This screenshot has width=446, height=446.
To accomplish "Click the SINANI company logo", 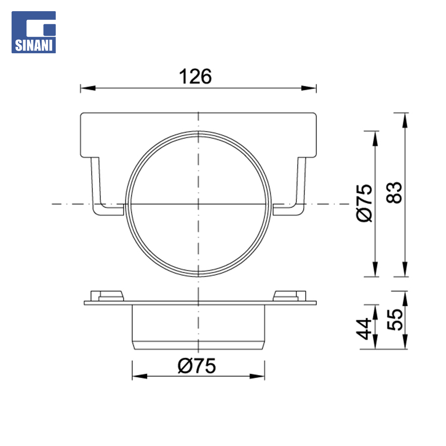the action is [33, 32].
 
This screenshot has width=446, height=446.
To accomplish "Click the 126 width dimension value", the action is [195, 76].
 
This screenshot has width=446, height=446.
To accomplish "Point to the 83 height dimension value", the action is [394, 192].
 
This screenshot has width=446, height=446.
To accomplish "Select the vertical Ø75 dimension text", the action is [364, 203].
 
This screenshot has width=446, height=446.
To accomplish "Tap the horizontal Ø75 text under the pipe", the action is [197, 366].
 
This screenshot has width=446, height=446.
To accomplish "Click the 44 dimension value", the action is [363, 329].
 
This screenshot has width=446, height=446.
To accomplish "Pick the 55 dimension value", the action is [395, 319].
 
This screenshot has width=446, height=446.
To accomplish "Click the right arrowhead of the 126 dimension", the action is [308, 88].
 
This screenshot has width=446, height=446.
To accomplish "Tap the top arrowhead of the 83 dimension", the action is [405, 120].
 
